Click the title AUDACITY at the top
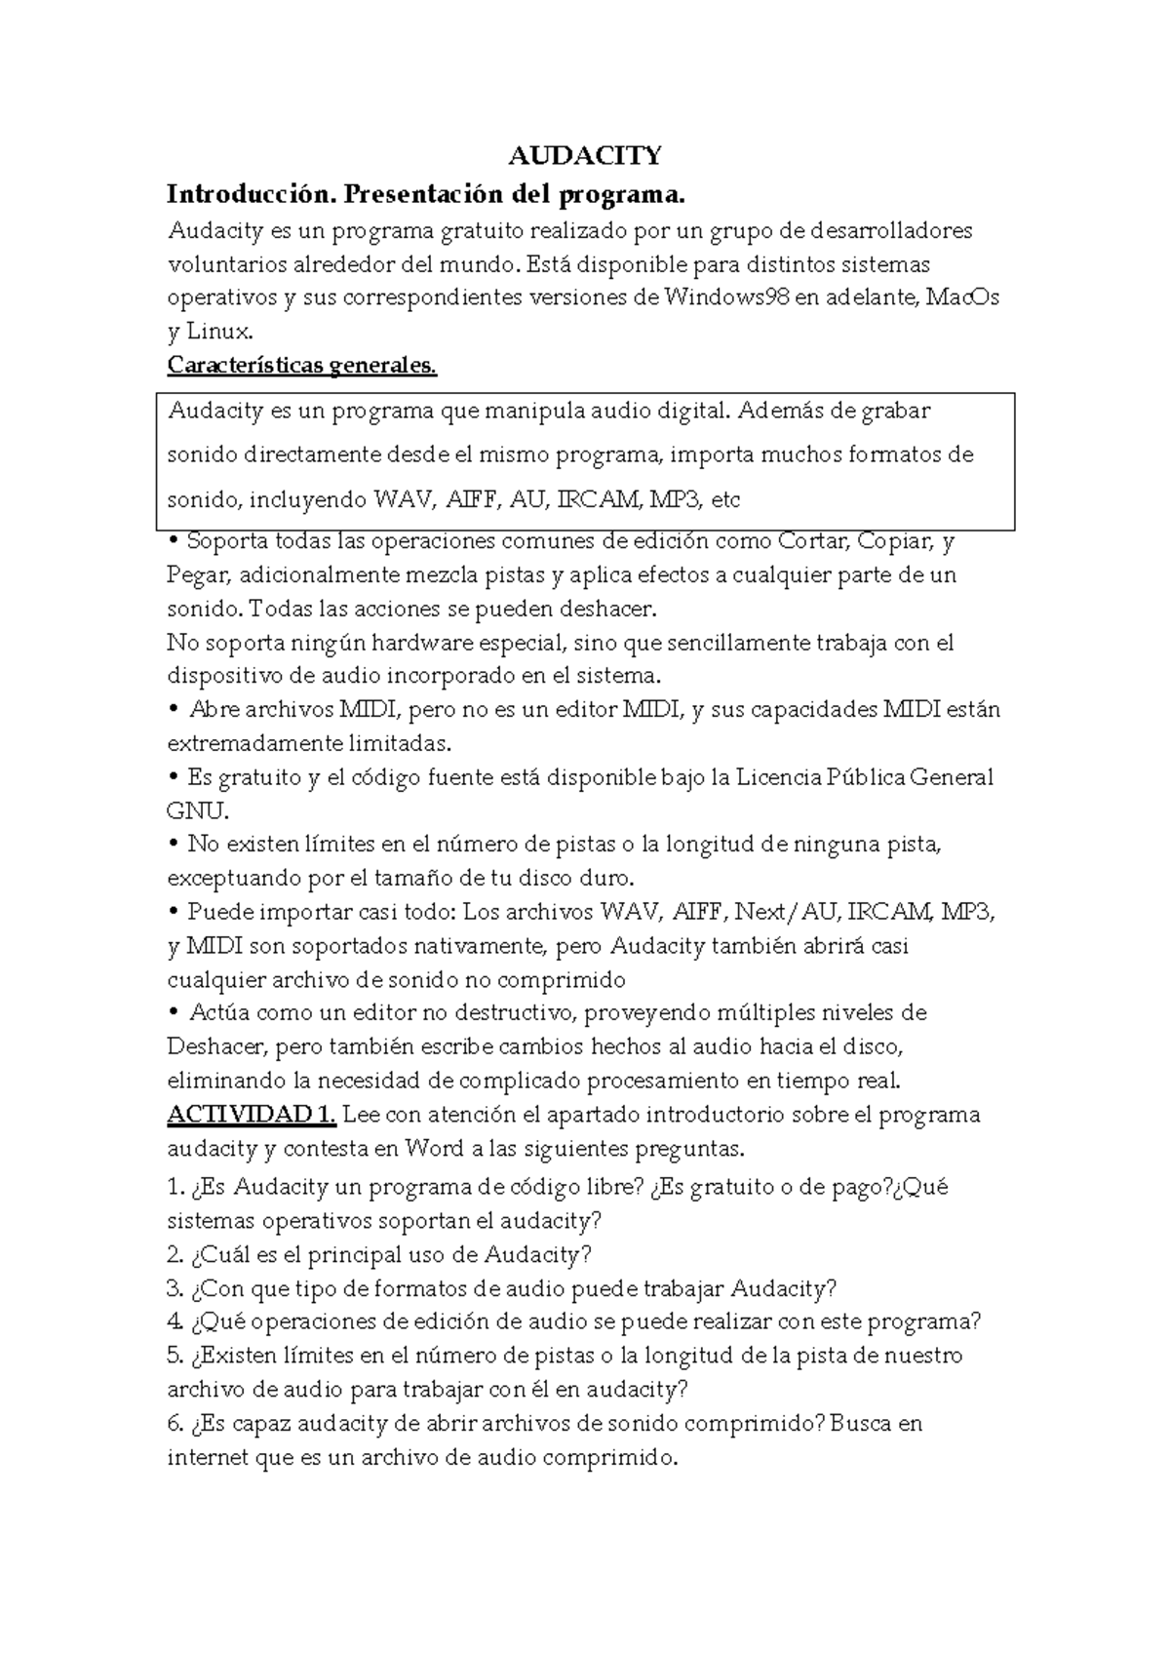tap(585, 156)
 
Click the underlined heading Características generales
tap(302, 366)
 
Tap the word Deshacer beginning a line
tap(215, 1047)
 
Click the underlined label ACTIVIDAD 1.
tap(252, 1115)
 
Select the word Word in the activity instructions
tap(434, 1149)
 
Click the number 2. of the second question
tap(175, 1254)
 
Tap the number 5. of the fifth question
tap(175, 1356)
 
